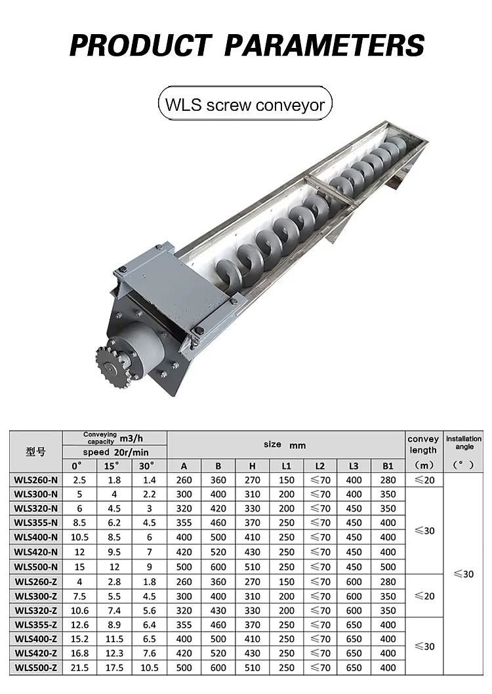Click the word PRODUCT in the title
coord(140,45)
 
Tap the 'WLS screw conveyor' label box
coord(245,105)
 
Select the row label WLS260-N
coord(36,480)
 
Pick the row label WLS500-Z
coord(36,668)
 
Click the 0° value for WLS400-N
coord(79,537)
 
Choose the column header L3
coord(354,466)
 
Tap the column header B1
coord(388,466)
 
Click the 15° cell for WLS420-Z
coord(114,653)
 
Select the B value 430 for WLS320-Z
coord(218,610)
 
